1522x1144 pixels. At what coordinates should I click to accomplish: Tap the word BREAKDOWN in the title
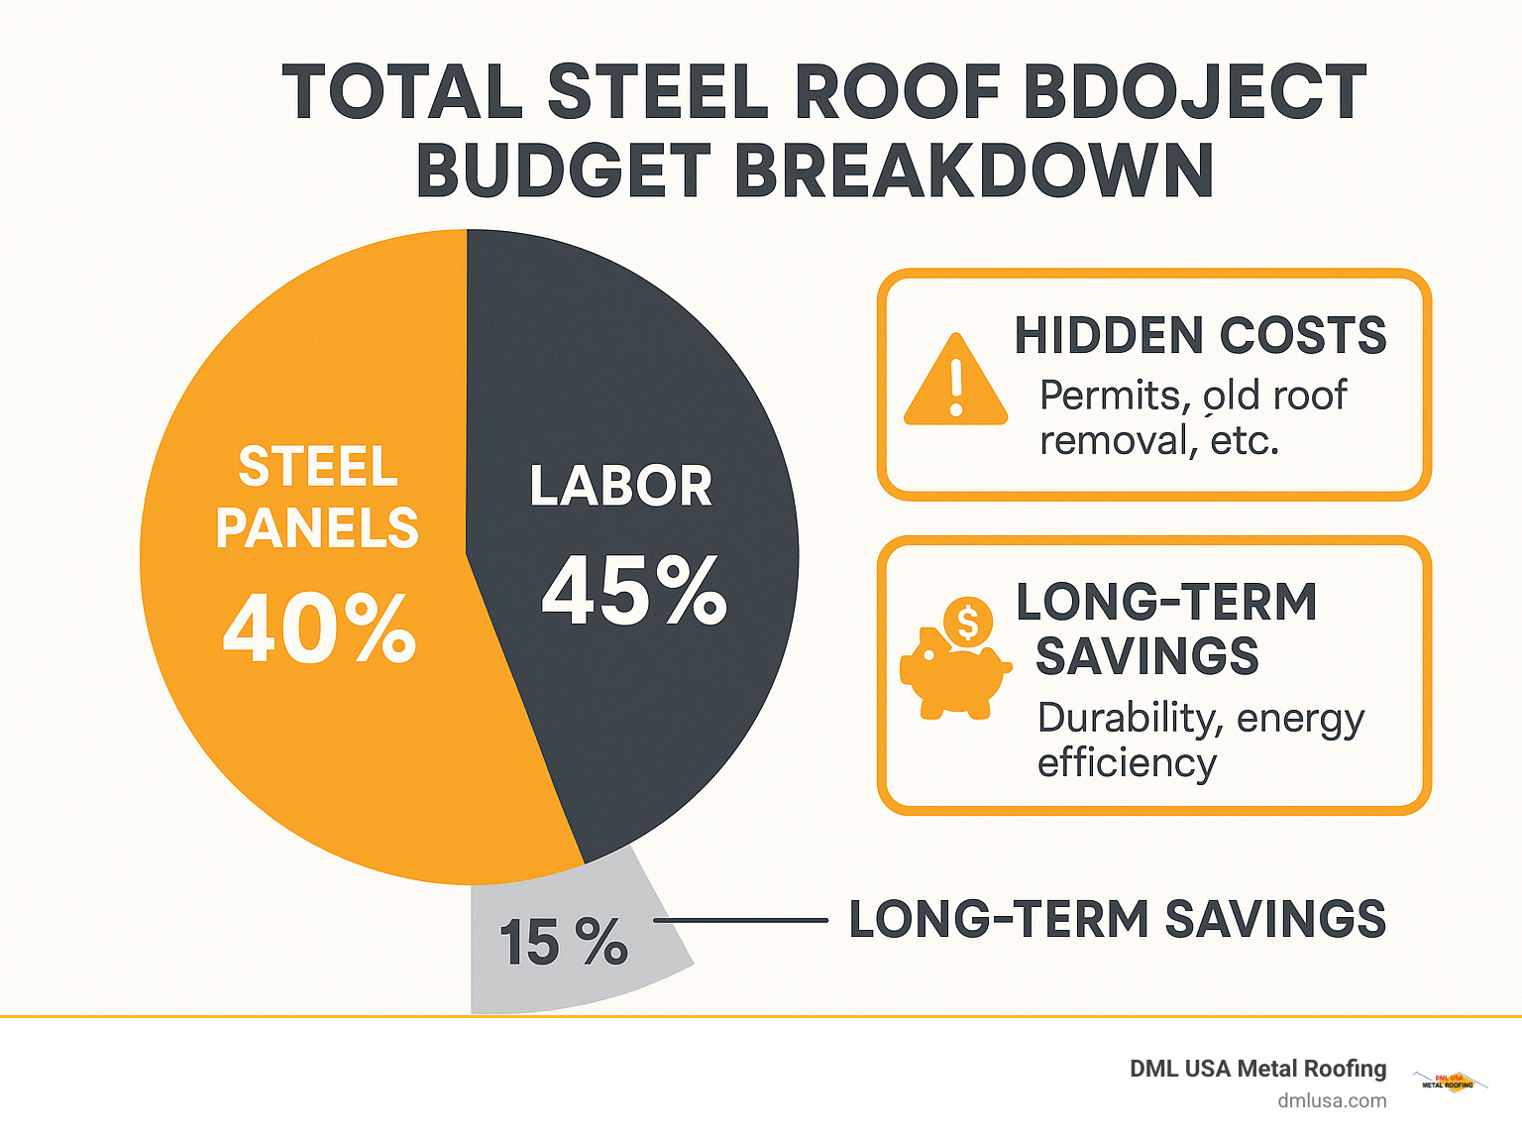click(x=973, y=171)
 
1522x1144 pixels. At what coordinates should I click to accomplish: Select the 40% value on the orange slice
click(x=319, y=628)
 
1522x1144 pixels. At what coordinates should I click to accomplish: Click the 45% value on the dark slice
click(x=634, y=591)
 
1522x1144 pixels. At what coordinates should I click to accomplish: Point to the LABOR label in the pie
click(x=621, y=486)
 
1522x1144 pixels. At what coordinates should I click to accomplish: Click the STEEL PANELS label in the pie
click(x=318, y=497)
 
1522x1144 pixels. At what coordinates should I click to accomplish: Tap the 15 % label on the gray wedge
click(x=563, y=942)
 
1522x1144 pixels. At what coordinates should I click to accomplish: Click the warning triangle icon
click(x=955, y=381)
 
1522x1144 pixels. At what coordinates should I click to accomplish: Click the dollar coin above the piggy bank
click(x=967, y=623)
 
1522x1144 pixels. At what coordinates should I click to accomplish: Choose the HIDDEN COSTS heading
click(x=1200, y=335)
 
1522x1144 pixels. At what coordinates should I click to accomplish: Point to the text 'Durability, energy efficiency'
click(x=1200, y=740)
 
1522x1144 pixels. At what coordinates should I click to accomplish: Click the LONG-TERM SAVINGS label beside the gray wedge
click(x=1117, y=919)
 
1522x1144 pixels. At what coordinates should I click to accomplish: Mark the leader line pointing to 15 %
click(x=740, y=921)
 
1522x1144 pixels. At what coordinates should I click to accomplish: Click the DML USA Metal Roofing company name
click(x=1257, y=1069)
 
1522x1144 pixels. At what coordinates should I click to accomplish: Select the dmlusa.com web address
click(x=1332, y=1100)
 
